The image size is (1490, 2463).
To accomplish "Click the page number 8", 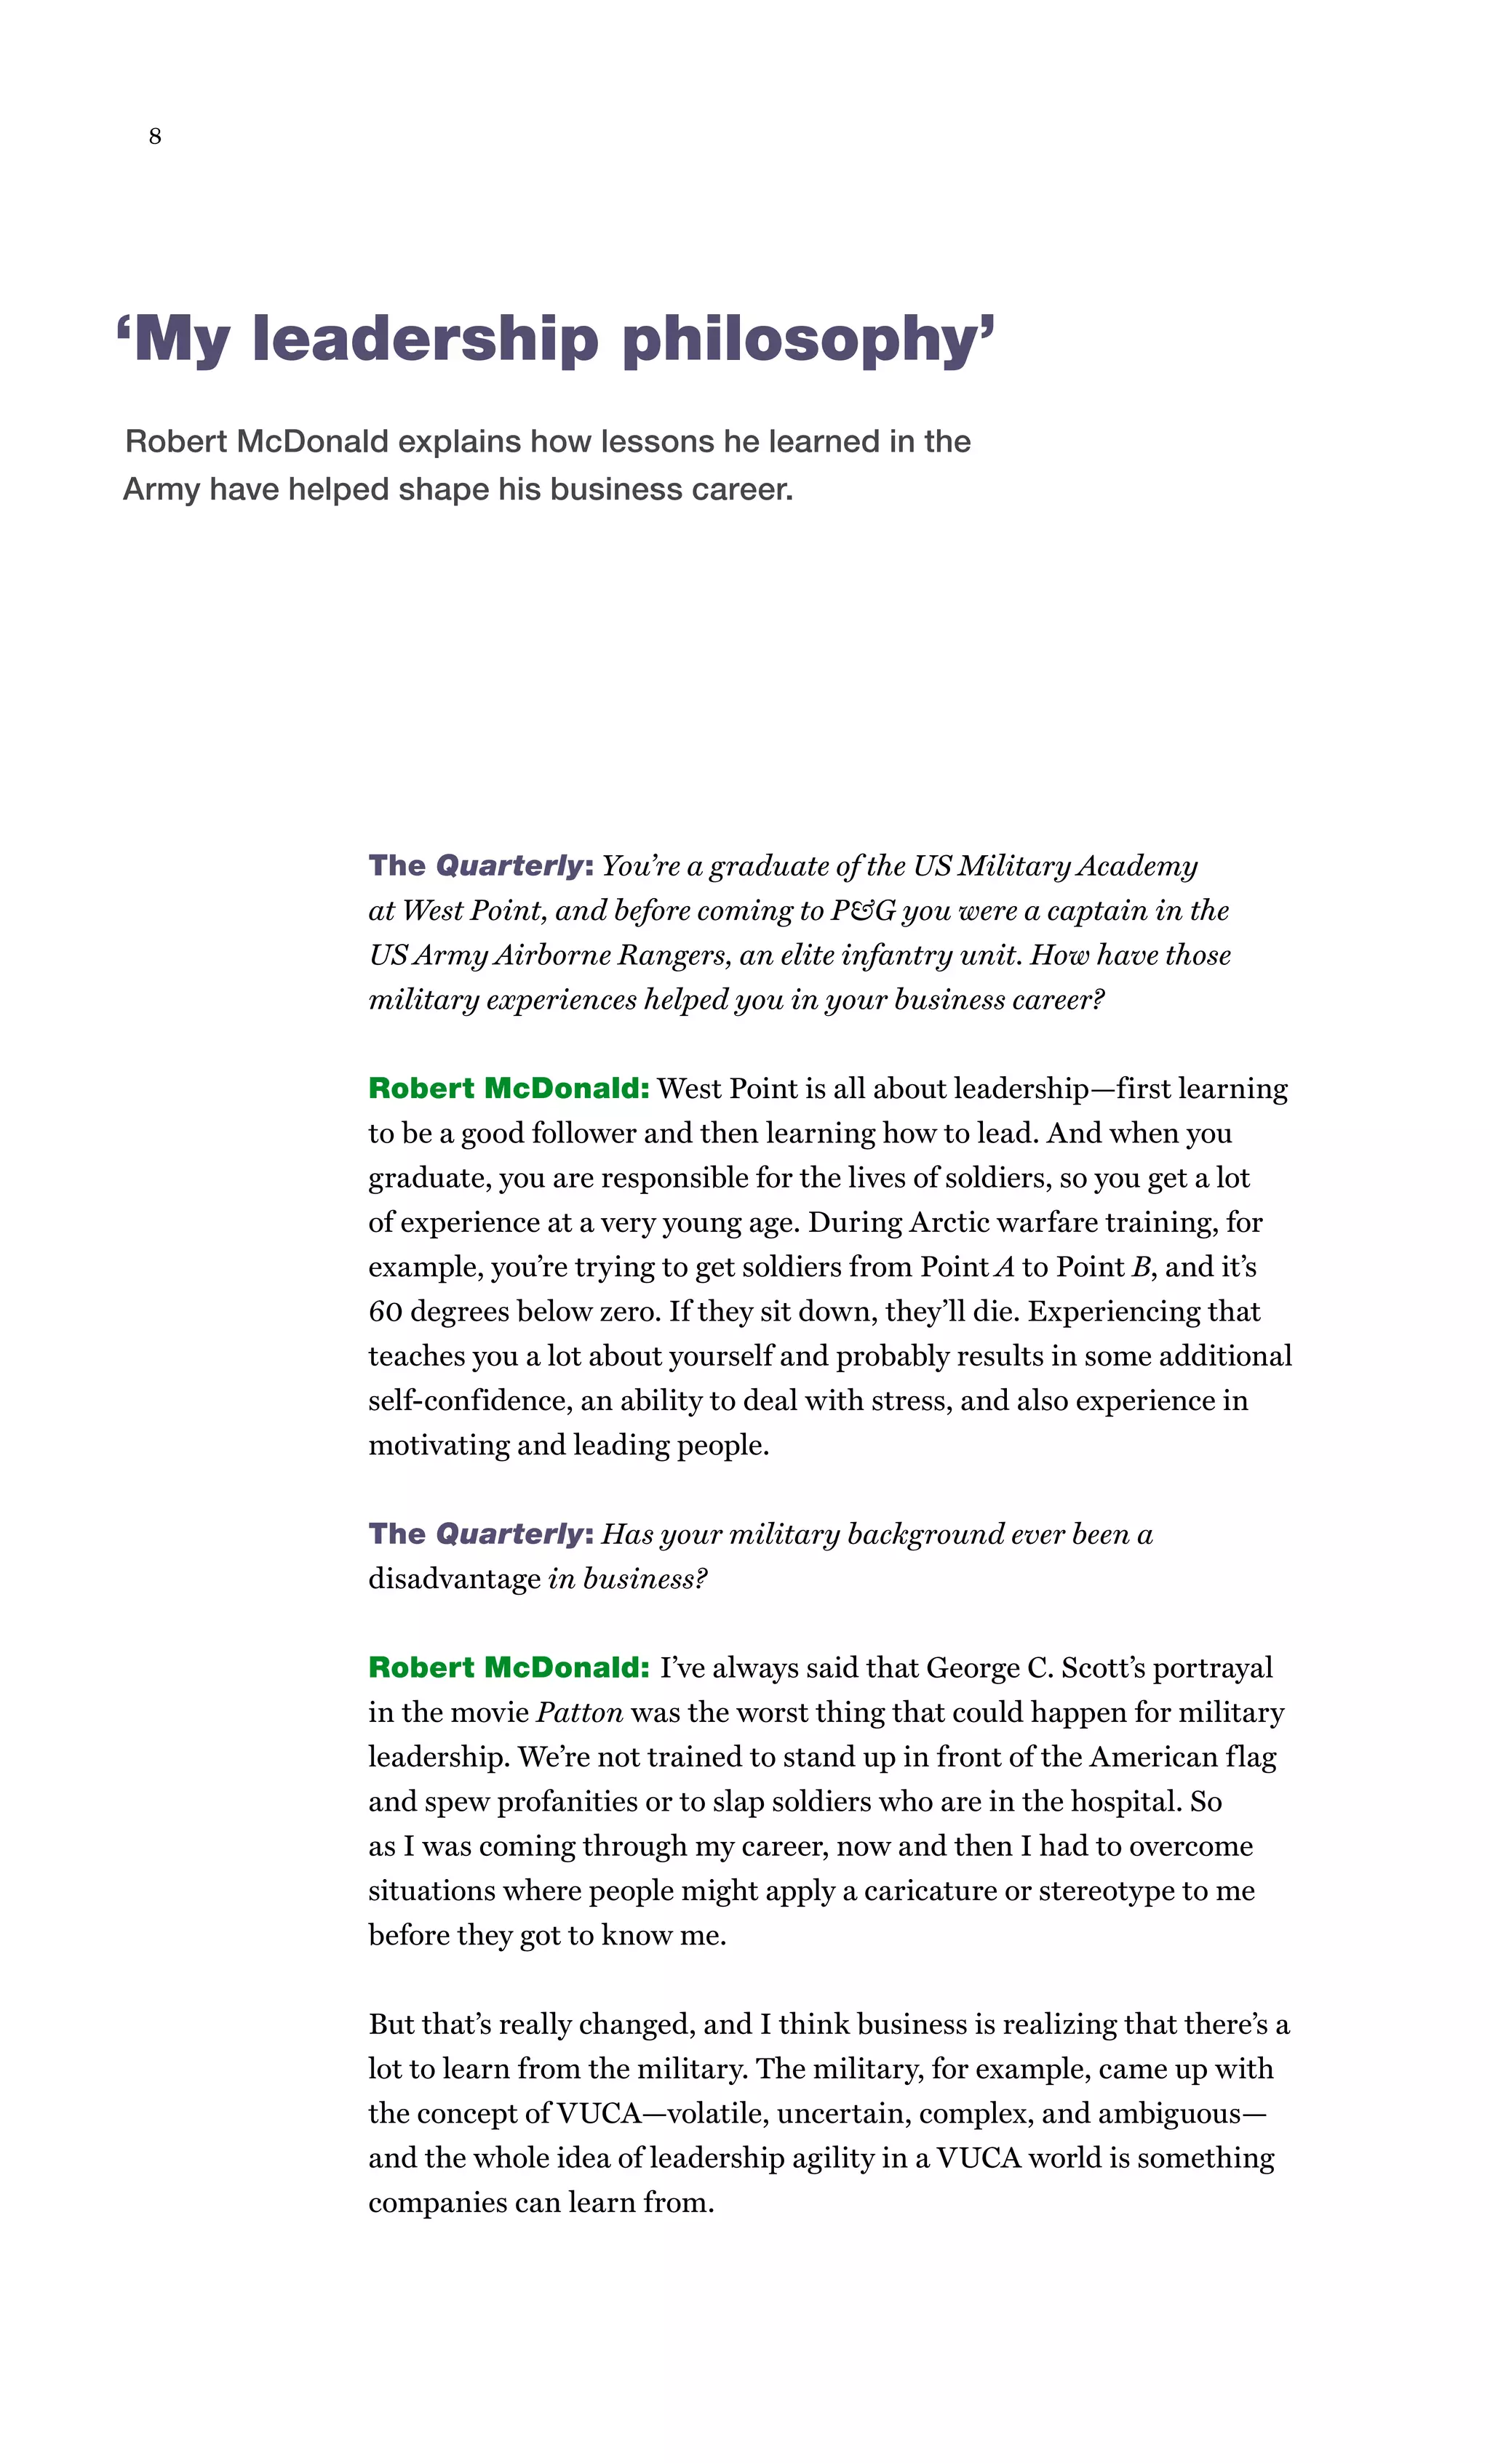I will pos(155,136).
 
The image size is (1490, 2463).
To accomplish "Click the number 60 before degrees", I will pos(385,1311).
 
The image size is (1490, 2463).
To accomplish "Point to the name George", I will pos(971,1667).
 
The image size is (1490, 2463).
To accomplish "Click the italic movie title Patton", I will pos(580,1713).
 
